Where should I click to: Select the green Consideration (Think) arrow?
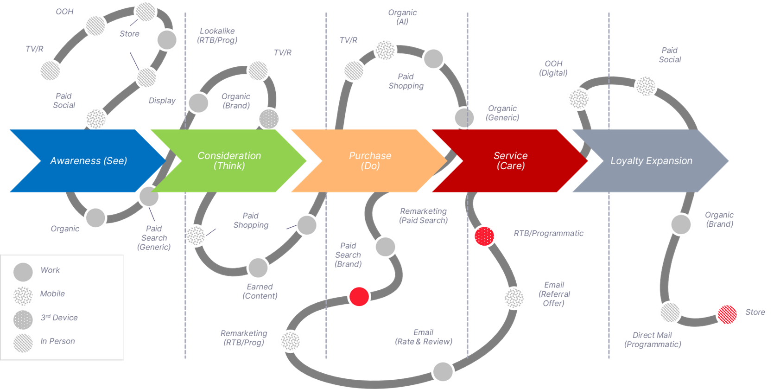(229, 161)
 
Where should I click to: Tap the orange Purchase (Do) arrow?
(370, 161)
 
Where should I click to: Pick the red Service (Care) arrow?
(510, 161)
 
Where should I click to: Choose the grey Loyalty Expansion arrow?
(651, 161)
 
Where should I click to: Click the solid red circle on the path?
(359, 297)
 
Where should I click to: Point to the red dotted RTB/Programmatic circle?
(484, 236)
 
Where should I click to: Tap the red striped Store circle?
(727, 314)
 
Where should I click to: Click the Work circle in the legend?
(23, 272)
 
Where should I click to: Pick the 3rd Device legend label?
(59, 318)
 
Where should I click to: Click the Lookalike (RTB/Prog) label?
(217, 35)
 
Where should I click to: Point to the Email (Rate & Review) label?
(423, 337)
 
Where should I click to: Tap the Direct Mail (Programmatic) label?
(652, 339)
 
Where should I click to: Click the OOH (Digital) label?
(553, 68)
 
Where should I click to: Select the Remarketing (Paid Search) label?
(423, 216)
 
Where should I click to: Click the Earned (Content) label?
(260, 291)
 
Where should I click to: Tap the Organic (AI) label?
(402, 17)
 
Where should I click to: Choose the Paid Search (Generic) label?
(154, 238)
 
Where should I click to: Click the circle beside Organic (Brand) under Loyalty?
(681, 224)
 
